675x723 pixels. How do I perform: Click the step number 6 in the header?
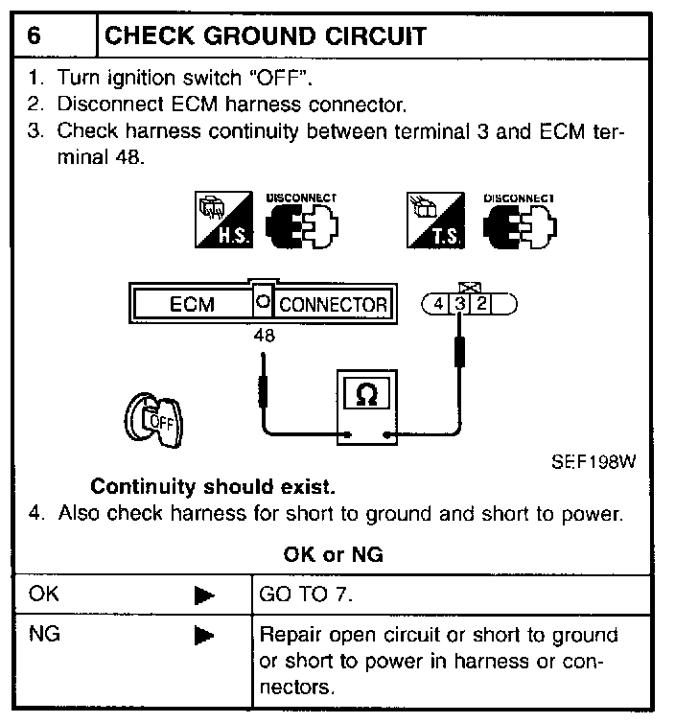(x=35, y=36)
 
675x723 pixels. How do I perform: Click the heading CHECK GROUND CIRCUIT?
(x=264, y=36)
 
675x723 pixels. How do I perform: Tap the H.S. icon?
(x=221, y=220)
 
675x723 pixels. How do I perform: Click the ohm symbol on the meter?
(x=365, y=396)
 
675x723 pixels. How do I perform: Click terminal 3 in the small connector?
(x=460, y=304)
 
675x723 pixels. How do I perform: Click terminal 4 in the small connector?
(x=438, y=304)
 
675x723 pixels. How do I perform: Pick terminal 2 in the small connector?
(x=481, y=304)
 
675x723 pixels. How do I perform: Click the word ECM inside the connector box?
(x=191, y=305)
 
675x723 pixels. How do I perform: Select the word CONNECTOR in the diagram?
(x=333, y=305)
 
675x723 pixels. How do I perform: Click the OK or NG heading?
(x=334, y=554)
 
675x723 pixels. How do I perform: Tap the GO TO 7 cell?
(x=306, y=595)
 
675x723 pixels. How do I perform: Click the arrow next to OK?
(x=203, y=595)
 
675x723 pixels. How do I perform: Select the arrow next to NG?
(x=203, y=635)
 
